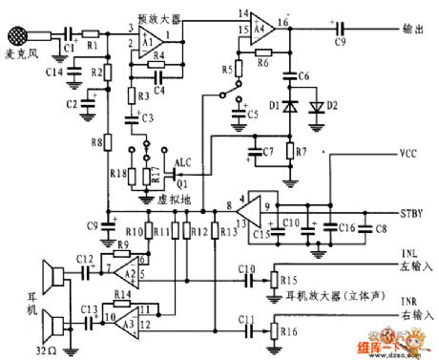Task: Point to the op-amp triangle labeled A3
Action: pyautogui.click(x=124, y=320)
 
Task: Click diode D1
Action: pyautogui.click(x=287, y=104)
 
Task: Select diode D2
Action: pyautogui.click(x=308, y=104)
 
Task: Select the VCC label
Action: pyautogui.click(x=404, y=154)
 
